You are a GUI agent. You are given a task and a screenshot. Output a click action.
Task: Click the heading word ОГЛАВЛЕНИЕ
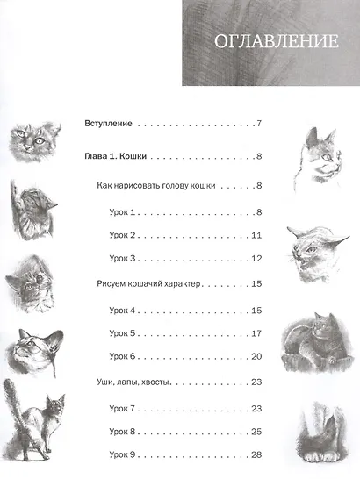(x=277, y=41)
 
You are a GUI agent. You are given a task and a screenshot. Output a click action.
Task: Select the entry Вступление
(x=108, y=124)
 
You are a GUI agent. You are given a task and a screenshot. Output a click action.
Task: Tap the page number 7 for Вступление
(x=259, y=124)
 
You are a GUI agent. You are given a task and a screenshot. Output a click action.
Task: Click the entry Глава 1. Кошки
(x=115, y=156)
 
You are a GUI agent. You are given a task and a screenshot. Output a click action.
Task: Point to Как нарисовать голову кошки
(x=156, y=186)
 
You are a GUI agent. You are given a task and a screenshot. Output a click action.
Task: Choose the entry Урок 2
(x=122, y=235)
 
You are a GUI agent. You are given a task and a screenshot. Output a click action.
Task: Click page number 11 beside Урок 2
(x=256, y=235)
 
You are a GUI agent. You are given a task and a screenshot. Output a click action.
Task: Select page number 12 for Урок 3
(x=256, y=259)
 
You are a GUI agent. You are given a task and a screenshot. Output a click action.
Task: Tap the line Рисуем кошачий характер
(x=148, y=283)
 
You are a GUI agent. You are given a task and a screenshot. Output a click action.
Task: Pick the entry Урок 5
(x=122, y=333)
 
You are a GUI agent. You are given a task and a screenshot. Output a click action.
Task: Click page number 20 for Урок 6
(x=256, y=356)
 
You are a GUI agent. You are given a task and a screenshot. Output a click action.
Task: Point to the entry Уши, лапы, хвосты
(x=133, y=382)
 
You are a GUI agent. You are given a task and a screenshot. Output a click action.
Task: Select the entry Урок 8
(x=122, y=432)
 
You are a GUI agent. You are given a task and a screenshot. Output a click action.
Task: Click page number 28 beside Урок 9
(x=256, y=454)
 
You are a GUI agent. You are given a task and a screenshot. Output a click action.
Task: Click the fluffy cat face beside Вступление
(x=32, y=141)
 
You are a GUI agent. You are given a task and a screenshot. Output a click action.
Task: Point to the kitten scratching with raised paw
(x=32, y=210)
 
